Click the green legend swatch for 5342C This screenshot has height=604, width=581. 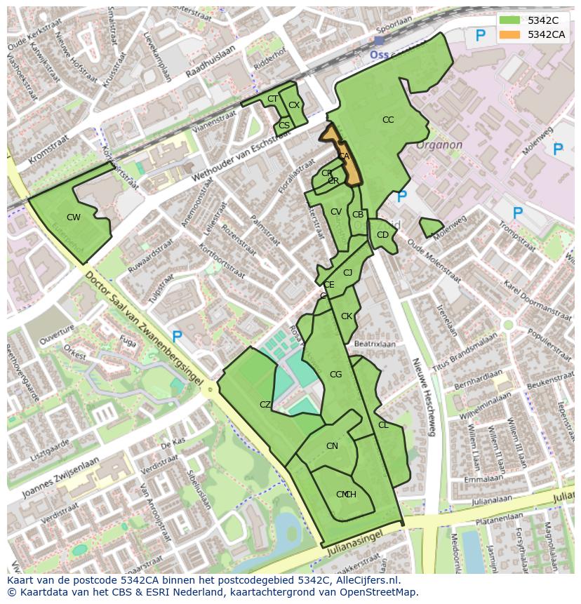(x=510, y=20)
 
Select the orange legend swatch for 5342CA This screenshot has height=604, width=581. (x=510, y=34)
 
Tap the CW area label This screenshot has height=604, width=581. (x=74, y=217)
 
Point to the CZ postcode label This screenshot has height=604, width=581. (x=265, y=405)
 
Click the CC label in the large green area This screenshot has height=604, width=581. (x=388, y=120)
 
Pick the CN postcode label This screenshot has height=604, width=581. (x=332, y=446)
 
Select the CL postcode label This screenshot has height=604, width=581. (x=383, y=425)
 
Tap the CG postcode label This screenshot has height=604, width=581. (x=335, y=375)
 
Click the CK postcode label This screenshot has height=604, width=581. (x=346, y=316)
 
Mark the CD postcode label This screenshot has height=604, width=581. (x=382, y=235)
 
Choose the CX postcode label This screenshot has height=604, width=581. (x=294, y=105)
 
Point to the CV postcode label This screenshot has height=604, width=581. (x=335, y=212)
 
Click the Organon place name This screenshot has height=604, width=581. (x=439, y=145)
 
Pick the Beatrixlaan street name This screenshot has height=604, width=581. (x=375, y=344)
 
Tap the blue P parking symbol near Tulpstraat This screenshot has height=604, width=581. (x=177, y=337)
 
